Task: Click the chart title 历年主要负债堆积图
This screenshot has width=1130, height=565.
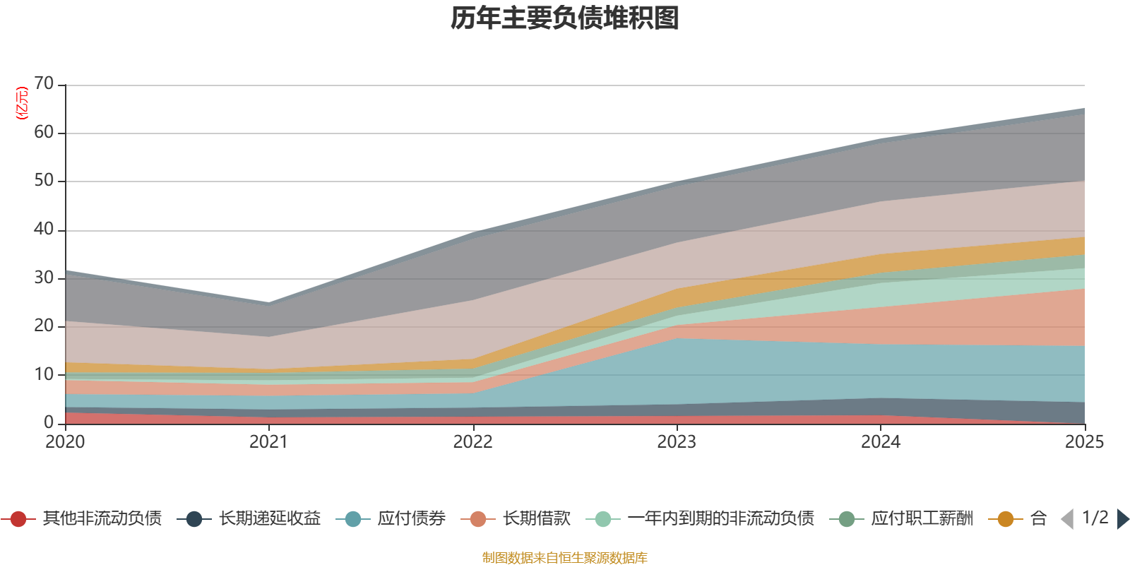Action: (x=565, y=18)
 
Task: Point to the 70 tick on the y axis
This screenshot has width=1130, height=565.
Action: (x=44, y=84)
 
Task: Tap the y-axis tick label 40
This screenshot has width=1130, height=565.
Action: (x=44, y=229)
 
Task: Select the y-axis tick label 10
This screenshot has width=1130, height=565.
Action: (x=44, y=374)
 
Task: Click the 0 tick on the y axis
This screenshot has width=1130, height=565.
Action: (x=49, y=422)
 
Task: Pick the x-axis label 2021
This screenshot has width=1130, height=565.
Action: (x=268, y=442)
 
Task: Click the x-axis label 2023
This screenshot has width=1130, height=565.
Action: (x=677, y=442)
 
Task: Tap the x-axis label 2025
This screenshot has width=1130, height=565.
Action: (x=1084, y=442)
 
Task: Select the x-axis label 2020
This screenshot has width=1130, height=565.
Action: (x=65, y=442)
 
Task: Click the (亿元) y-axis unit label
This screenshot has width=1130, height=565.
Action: (x=22, y=103)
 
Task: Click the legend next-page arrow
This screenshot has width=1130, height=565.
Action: (x=1123, y=519)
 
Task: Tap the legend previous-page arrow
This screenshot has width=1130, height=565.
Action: (x=1067, y=519)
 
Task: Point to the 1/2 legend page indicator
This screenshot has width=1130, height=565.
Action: (x=1095, y=518)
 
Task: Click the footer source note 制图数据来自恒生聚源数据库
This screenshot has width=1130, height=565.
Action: (x=565, y=558)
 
